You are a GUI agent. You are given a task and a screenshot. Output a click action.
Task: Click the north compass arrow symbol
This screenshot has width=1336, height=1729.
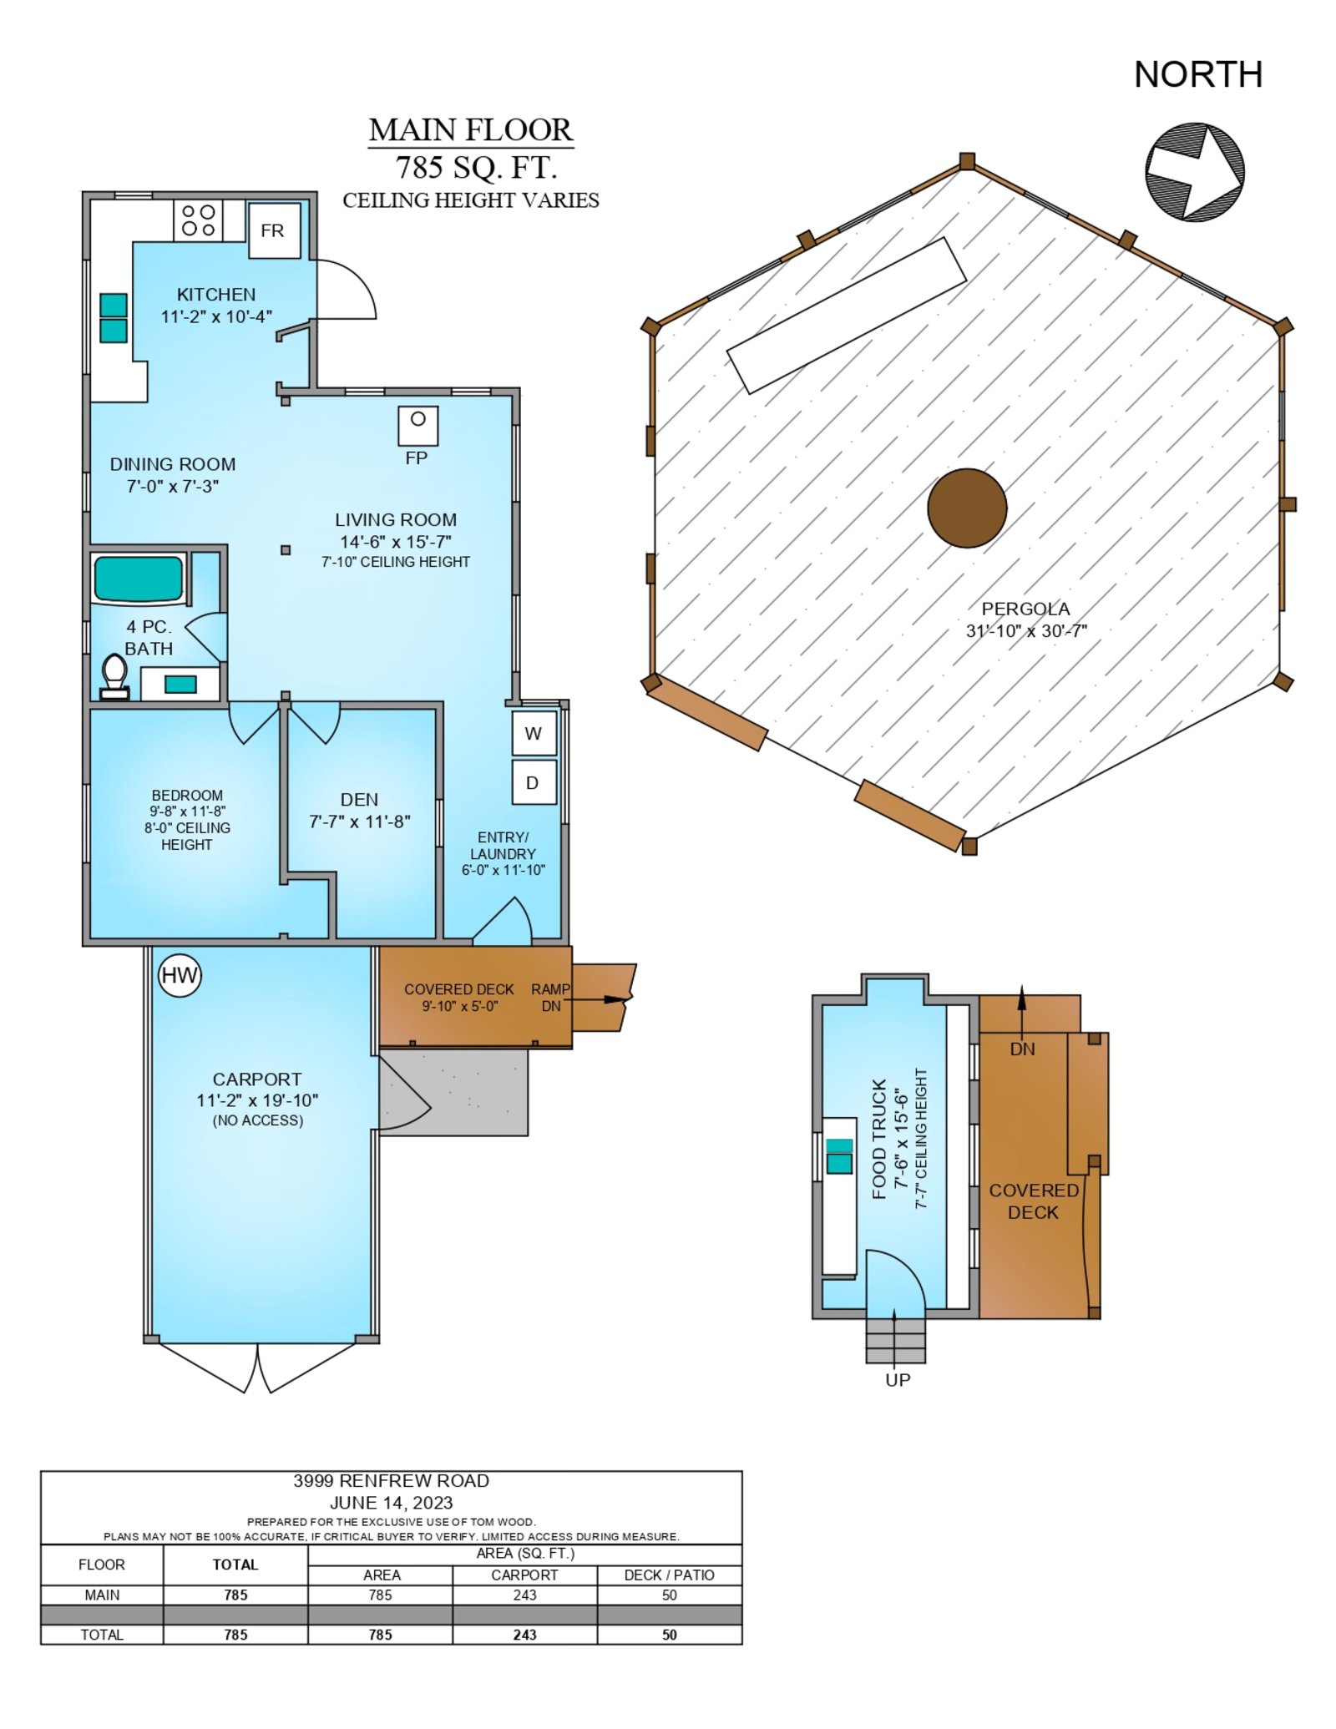coord(1194,173)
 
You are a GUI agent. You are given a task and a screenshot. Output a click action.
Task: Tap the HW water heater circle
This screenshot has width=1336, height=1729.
coord(180,975)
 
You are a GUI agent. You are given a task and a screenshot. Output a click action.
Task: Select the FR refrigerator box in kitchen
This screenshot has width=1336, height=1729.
coord(274,230)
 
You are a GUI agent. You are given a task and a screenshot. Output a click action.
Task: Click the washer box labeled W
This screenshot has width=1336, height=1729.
coord(534,733)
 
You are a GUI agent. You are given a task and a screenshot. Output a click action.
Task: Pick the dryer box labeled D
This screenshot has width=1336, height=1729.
coord(534,782)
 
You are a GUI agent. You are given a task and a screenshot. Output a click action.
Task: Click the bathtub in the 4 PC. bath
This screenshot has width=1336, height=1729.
coord(139,579)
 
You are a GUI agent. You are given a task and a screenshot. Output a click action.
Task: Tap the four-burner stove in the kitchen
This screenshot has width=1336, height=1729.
coord(199,220)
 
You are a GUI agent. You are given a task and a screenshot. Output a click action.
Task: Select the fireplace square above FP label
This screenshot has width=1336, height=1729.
coord(417,425)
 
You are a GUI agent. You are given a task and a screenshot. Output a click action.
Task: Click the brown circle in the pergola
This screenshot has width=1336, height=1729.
coord(967,508)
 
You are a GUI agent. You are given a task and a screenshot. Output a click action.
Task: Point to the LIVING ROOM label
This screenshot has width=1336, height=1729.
coord(396,520)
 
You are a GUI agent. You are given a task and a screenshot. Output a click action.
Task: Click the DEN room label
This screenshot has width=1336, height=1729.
coord(360,800)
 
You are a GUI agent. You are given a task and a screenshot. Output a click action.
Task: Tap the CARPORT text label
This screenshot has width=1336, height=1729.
coord(257,1079)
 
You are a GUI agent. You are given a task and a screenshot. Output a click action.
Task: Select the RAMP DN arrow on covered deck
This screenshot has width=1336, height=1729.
coord(602,998)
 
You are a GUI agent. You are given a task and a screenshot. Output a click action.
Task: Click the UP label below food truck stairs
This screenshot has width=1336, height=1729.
coord(898,1380)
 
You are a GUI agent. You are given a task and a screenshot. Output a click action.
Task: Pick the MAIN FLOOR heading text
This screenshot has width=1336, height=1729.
coord(471,130)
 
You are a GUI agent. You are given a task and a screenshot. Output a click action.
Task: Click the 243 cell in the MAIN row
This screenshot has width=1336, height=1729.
coord(524,1595)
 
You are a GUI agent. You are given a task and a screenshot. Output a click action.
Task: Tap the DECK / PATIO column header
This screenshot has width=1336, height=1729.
coord(670,1575)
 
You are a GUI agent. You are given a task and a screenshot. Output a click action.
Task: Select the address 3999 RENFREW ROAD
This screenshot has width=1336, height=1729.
coord(391,1481)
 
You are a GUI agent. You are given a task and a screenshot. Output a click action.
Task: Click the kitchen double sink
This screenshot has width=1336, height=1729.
coord(114,318)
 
